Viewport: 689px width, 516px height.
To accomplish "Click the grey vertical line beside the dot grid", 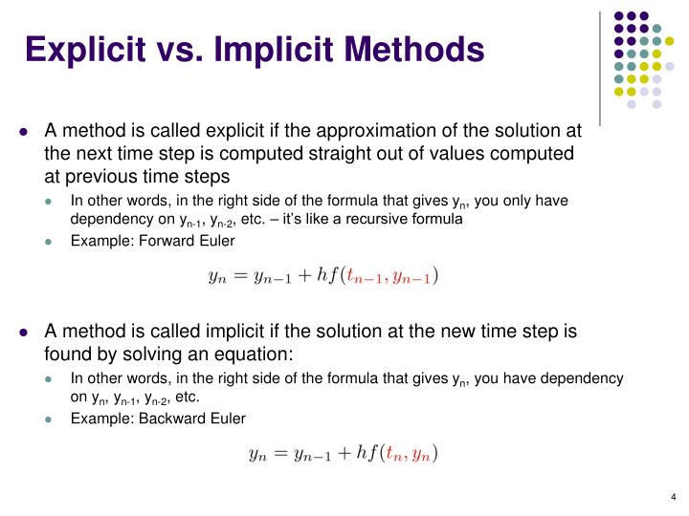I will coord(600,67).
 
